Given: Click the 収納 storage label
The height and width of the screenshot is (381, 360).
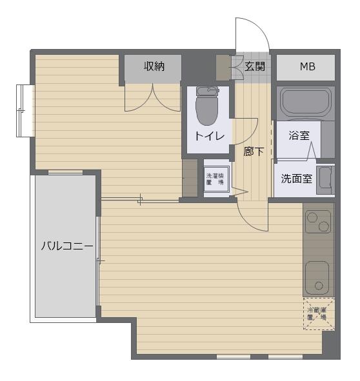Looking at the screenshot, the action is pos(154,66).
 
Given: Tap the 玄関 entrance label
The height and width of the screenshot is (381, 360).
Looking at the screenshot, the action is pos(255,66).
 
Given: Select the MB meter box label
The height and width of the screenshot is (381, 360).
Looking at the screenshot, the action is pos(308,66).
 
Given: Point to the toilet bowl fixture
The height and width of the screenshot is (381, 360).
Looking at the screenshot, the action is pos(207,106).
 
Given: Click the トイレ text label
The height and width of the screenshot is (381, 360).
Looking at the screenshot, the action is pos(210,136).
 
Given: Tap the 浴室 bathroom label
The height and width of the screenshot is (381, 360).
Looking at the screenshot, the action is pos(299,135).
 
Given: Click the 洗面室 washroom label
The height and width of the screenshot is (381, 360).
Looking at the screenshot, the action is pos(297,179).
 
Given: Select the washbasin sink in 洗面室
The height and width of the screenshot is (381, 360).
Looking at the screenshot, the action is pos(325,180).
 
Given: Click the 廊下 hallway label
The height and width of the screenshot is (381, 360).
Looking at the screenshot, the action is pos(254,151).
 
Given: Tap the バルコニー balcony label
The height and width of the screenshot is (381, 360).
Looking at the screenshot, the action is pos(67,246).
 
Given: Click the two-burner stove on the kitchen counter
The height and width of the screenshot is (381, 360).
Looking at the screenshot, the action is pos(318,221).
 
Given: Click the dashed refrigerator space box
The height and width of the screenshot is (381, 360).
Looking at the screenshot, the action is pos(319,313).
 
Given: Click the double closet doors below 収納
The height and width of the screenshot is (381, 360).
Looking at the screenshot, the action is pos(152,98).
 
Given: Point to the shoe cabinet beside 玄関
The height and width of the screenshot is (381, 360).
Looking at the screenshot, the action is pos(223,68).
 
